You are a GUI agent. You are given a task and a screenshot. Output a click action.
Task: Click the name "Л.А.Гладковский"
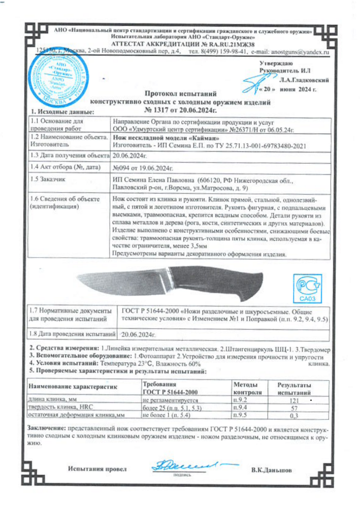click(303, 80)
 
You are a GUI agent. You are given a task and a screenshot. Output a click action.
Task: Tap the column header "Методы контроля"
click(247, 388)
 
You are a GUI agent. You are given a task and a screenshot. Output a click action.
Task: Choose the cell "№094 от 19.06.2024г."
click(143, 167)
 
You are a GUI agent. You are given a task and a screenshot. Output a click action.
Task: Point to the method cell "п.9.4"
click(240, 408)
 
